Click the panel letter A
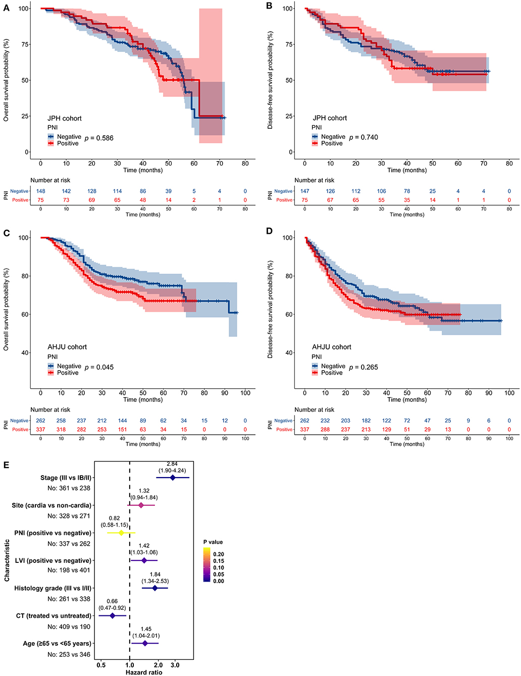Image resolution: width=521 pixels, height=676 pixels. pyautogui.click(x=6, y=6)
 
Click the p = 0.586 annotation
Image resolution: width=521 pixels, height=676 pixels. pyautogui.click(x=99, y=137)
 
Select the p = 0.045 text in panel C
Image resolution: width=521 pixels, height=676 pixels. pyautogui.click(x=99, y=367)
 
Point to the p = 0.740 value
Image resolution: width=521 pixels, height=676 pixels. pyautogui.click(x=363, y=137)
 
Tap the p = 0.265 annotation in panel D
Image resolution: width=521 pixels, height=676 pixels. pyautogui.click(x=363, y=367)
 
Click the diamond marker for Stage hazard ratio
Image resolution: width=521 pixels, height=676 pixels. pyautogui.click(x=173, y=477)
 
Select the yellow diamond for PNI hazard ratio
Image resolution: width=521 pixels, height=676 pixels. pyautogui.click(x=121, y=533)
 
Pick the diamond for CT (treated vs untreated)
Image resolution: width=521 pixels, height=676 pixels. pyautogui.click(x=112, y=616)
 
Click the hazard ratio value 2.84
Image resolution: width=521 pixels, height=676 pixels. pyautogui.click(x=172, y=464)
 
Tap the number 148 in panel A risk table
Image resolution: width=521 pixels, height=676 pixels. pyautogui.click(x=40, y=191)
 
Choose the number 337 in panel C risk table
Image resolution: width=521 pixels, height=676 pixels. pyautogui.click(x=40, y=430)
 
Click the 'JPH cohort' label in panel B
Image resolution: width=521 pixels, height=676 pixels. pyautogui.click(x=330, y=118)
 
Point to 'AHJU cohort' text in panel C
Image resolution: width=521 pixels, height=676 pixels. pyautogui.click(x=67, y=347)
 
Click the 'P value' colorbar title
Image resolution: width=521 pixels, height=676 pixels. pyautogui.click(x=213, y=542)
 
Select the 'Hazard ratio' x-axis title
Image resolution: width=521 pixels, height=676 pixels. pyautogui.click(x=144, y=672)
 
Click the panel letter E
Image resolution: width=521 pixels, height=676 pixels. pyautogui.click(x=6, y=464)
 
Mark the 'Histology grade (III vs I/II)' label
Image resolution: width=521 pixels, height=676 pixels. pyautogui.click(x=53, y=588)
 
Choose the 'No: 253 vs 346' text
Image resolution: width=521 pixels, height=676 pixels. pyautogui.click(x=69, y=654)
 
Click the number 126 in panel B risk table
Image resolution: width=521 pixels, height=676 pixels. pyautogui.click(x=330, y=191)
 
